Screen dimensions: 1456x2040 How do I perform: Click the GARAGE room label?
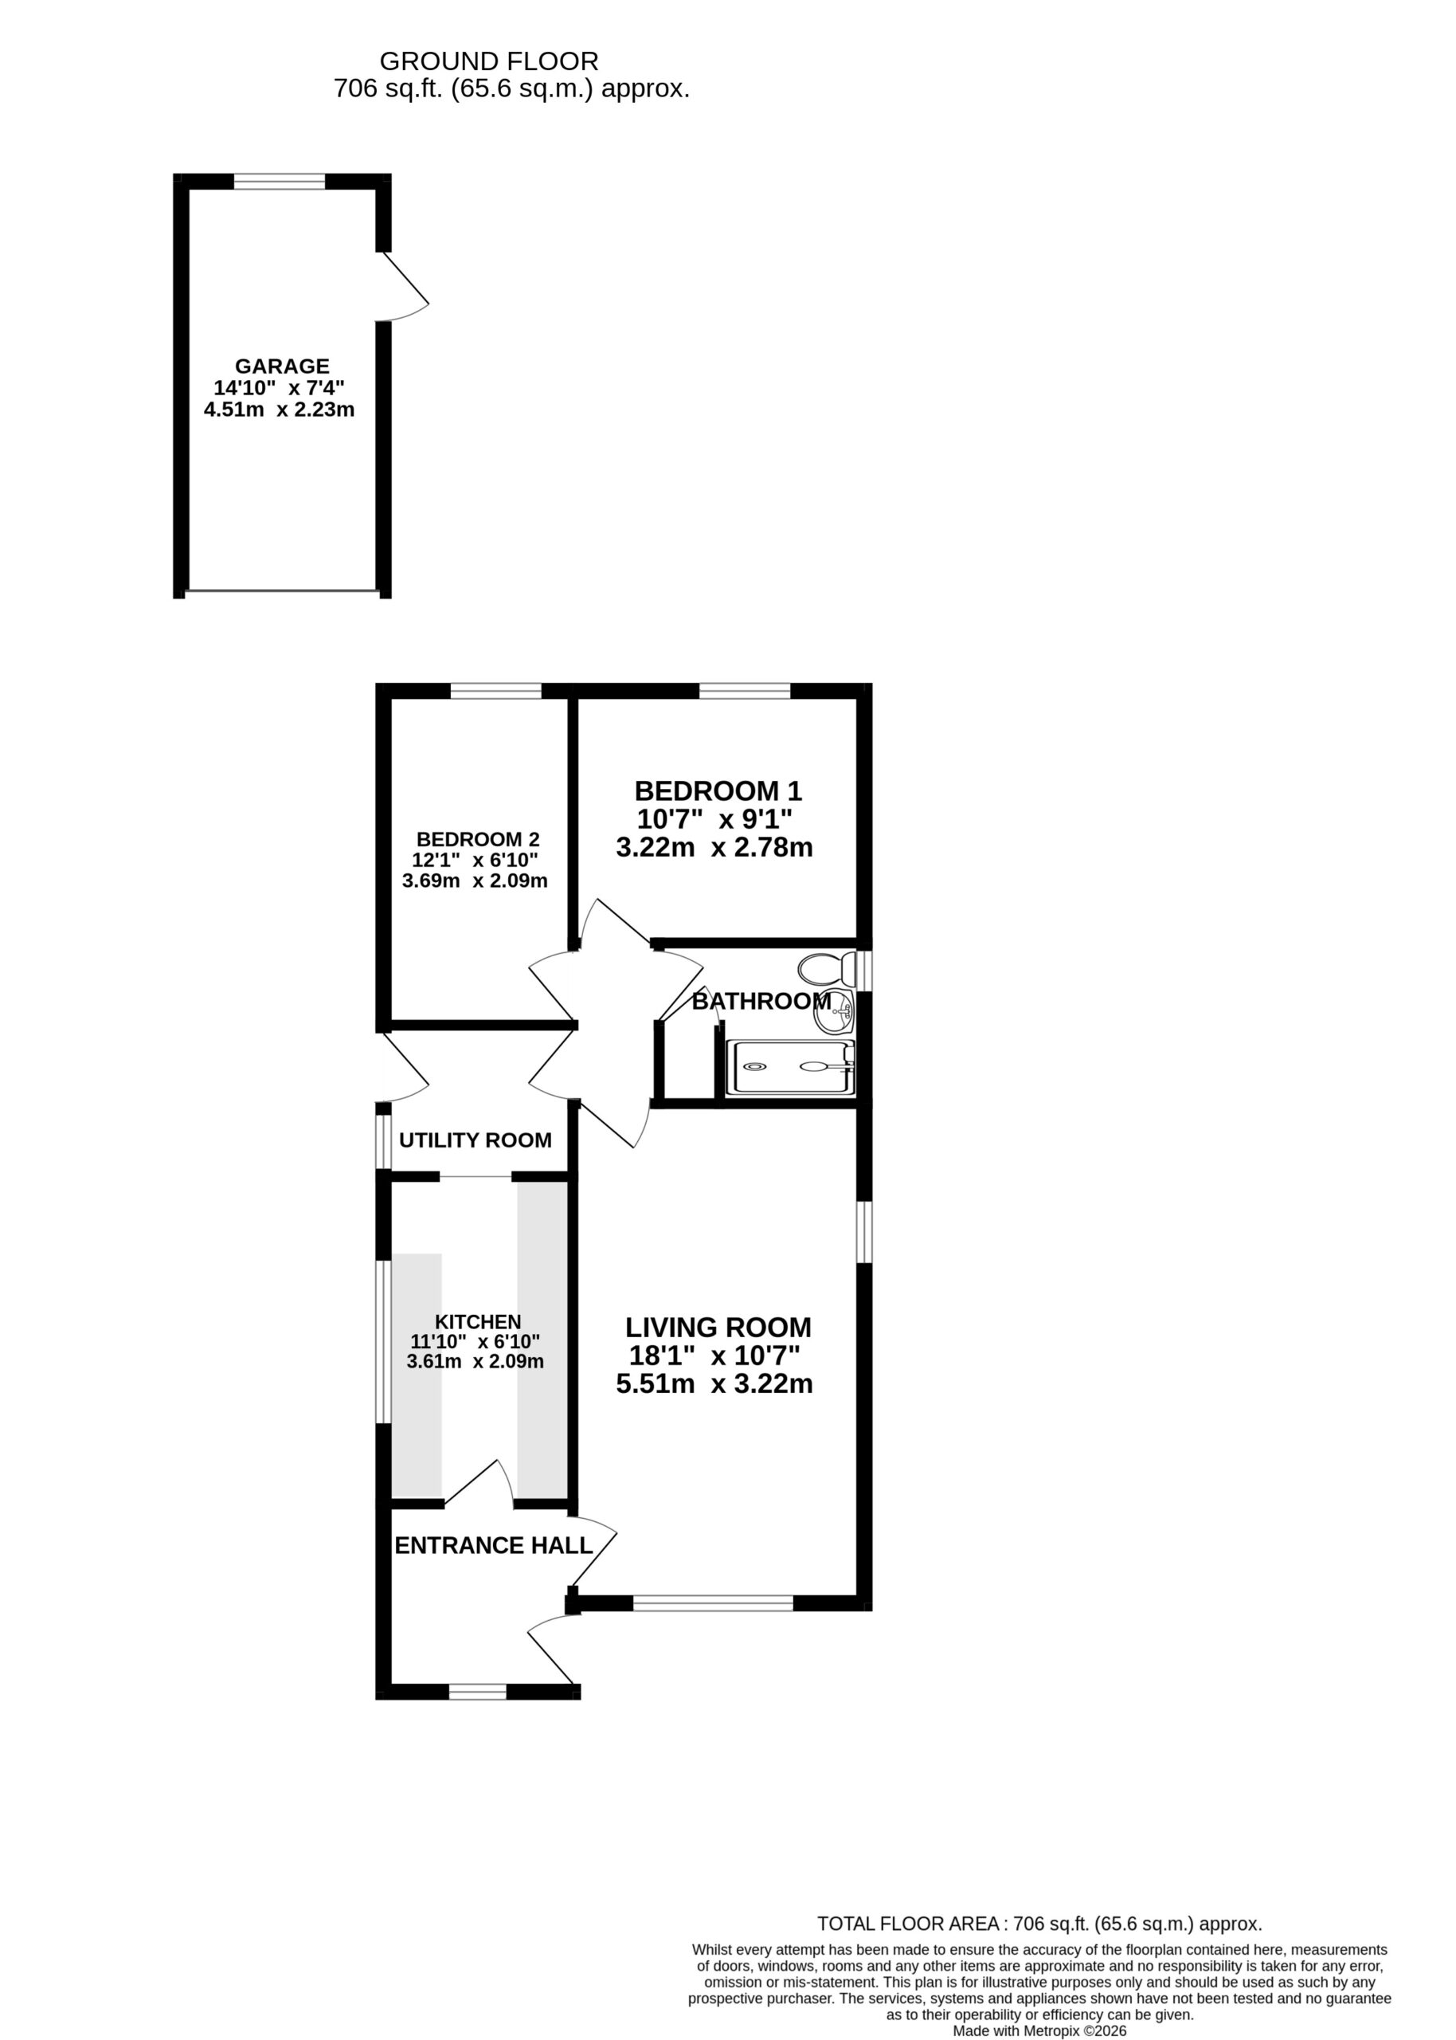283,366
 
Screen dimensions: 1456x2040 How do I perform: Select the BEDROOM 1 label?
718,790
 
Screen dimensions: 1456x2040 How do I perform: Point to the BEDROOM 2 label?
478,839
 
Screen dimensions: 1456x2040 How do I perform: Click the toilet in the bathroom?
827,969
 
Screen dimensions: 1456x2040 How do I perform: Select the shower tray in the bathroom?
790,1067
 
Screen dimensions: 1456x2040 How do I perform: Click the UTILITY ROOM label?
476,1140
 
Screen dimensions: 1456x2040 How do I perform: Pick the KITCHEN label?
478,1322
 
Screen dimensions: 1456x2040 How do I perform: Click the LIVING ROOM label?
718,1327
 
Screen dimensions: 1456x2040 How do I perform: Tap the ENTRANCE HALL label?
494,1545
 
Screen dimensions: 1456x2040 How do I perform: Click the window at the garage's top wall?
280,182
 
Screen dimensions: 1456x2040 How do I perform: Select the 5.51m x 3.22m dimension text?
714,1383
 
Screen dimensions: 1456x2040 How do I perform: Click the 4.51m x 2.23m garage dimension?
280,410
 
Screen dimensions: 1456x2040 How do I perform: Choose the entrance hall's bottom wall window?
478,1692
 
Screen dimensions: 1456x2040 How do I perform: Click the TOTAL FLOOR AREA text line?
1040,1924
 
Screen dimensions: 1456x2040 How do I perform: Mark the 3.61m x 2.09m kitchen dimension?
476,1361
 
